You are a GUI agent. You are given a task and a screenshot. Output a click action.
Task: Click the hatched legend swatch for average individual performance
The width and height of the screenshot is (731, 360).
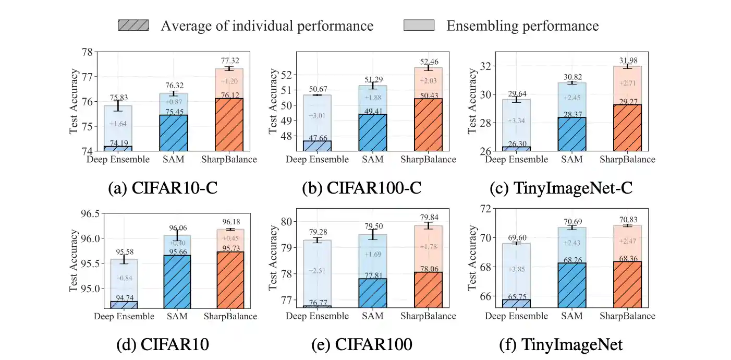pyautogui.click(x=133, y=25)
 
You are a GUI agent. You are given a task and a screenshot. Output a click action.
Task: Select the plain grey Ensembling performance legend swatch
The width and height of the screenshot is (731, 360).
pyautogui.click(x=419, y=25)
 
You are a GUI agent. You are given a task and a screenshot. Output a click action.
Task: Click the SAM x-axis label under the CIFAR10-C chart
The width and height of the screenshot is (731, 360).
pyautogui.click(x=175, y=159)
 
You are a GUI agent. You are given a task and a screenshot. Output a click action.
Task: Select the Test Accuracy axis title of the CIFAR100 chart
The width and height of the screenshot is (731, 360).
pyautogui.click(x=272, y=258)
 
